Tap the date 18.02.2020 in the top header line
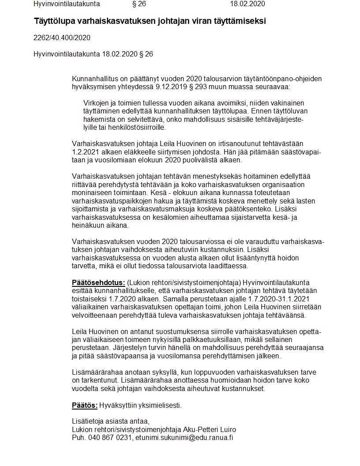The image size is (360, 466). (247, 4)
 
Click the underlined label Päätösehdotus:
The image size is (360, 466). (98, 282)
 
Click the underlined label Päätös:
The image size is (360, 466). (84, 405)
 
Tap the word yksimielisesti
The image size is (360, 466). (161, 405)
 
